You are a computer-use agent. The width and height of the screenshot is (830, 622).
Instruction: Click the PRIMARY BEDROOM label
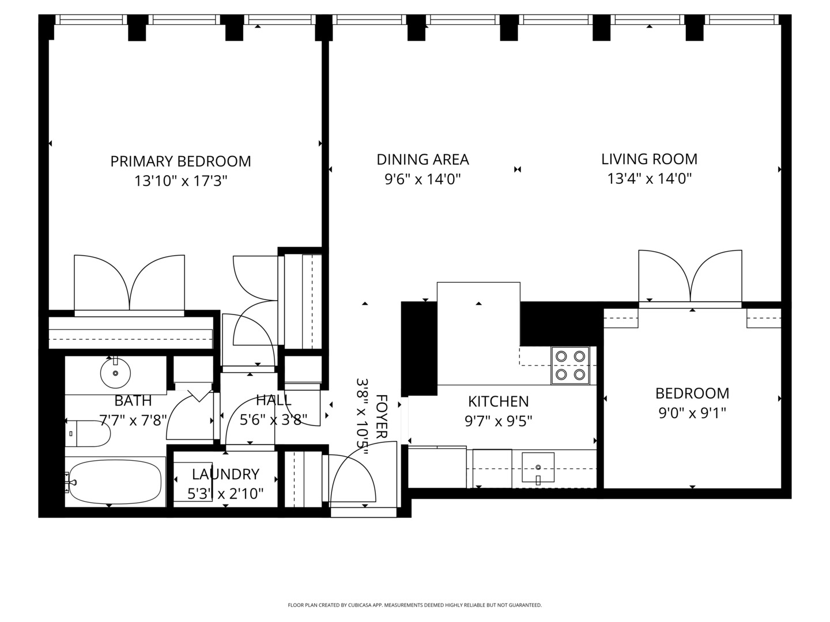pos(180,161)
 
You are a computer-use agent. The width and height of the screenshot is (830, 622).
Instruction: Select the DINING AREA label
pos(422,160)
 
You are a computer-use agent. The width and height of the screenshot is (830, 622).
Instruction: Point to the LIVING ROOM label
pos(649,159)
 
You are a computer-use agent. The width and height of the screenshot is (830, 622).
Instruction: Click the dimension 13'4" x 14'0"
pos(649,179)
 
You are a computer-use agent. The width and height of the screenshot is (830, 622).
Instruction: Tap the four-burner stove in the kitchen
pos(570,365)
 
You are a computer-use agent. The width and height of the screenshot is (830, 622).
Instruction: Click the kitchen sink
pos(538,467)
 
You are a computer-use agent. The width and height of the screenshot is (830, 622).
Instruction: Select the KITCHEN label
pos(498,401)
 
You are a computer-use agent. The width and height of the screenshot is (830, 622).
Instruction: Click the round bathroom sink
pos(115,373)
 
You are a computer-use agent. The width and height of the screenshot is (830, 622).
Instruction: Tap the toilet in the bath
pos(88,434)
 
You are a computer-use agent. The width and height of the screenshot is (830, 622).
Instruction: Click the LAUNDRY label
pos(225,475)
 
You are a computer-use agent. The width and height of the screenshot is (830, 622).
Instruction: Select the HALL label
pos(273,400)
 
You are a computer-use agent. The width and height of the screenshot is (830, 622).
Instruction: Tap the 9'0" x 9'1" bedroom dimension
pos(692,413)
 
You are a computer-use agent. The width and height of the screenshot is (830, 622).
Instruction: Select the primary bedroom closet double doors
pos(130,284)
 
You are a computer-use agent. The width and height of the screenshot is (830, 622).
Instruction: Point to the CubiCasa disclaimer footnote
pos(414,605)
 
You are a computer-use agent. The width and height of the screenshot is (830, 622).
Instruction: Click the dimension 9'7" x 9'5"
pos(498,421)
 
